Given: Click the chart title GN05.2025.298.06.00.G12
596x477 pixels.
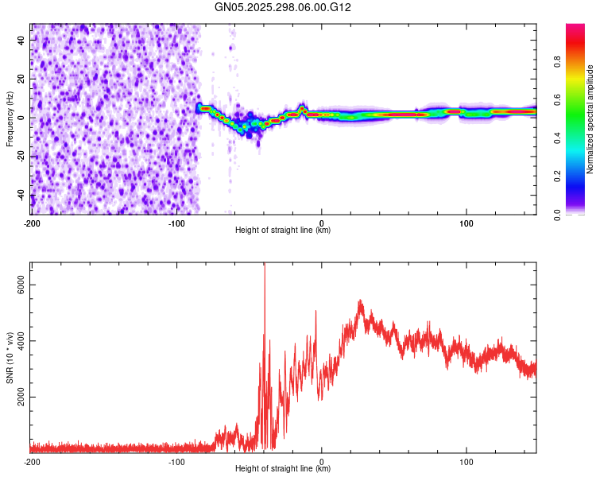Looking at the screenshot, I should (x=283, y=7).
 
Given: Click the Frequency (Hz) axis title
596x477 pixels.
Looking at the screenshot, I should (x=10, y=119).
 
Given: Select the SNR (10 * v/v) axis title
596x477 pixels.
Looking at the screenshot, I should (x=10, y=357).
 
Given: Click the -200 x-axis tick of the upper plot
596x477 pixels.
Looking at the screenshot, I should (x=32, y=222).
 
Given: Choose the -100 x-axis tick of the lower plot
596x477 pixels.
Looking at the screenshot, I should (x=176, y=460).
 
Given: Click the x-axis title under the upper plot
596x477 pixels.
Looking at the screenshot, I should (x=283, y=231).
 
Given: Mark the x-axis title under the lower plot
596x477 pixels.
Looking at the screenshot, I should (x=283, y=469).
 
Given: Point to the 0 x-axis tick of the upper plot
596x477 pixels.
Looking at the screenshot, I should (x=322, y=222).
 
